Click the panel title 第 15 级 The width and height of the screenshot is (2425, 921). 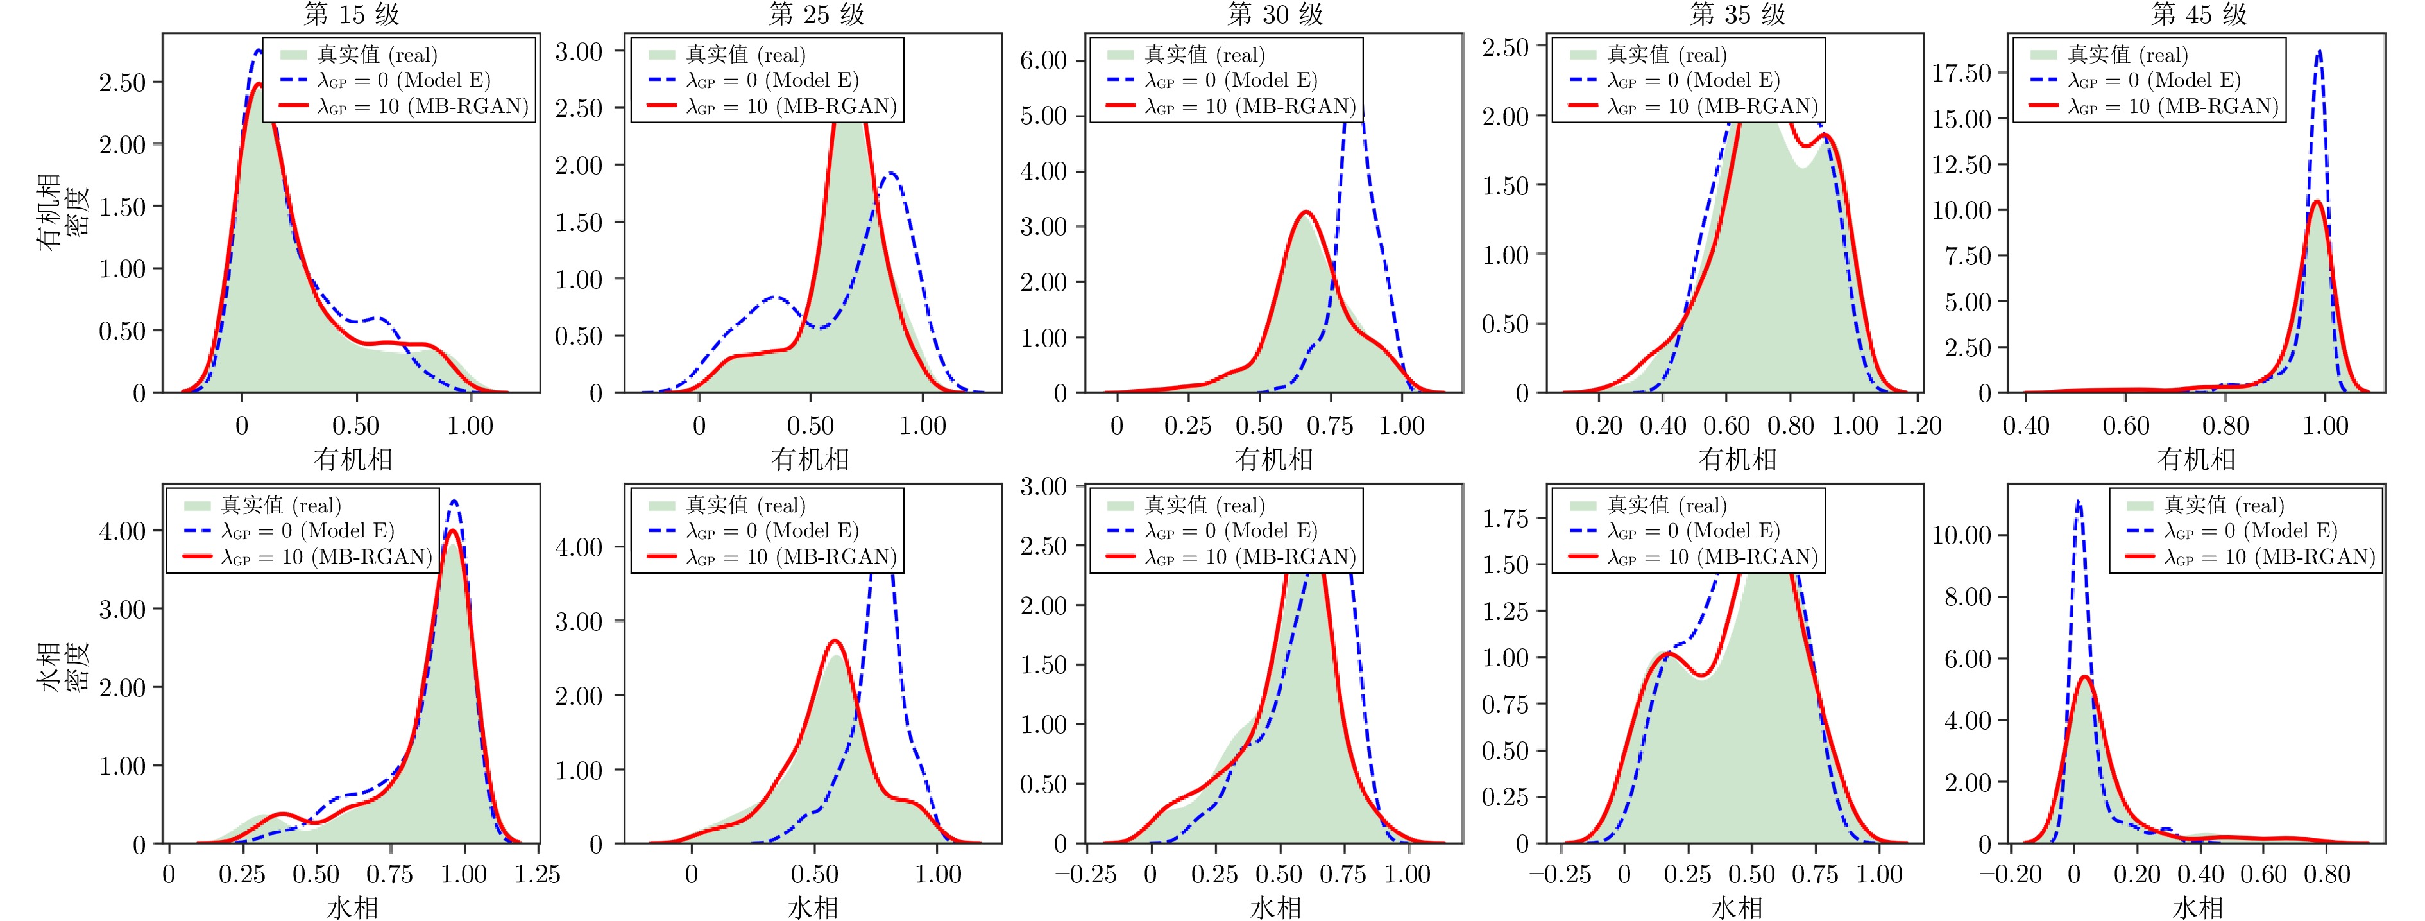[x=351, y=14]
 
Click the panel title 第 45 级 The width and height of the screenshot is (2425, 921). [x=2198, y=14]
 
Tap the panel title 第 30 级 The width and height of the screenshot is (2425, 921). [x=1275, y=14]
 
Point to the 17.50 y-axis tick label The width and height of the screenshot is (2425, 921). [x=1962, y=73]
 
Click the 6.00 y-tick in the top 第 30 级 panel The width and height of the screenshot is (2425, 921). [x=1043, y=60]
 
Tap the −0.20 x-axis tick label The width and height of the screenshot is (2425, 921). [x=2010, y=875]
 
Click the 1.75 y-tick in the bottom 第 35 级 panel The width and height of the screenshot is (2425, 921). [x=1504, y=518]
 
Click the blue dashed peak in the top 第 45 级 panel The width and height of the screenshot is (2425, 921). [x=2319, y=52]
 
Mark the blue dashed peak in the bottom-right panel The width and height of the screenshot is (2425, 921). [x=2079, y=502]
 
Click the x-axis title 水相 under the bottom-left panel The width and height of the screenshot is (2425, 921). [x=352, y=907]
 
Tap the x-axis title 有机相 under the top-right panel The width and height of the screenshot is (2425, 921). [x=2196, y=459]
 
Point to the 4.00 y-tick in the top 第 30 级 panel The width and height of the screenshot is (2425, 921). [x=1043, y=171]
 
